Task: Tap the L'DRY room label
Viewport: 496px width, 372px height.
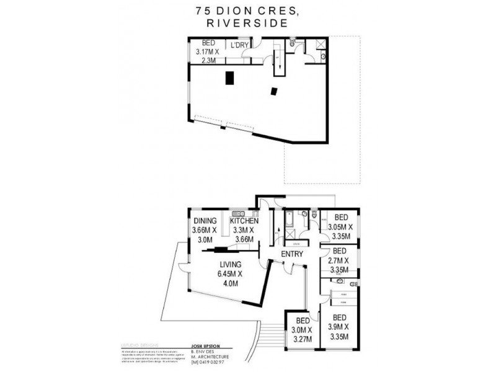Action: [x=239, y=45]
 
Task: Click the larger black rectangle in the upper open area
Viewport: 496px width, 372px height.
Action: [x=230, y=78]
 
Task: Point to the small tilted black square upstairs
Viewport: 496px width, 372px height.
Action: [x=273, y=91]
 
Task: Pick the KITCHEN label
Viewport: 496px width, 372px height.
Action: [x=244, y=221]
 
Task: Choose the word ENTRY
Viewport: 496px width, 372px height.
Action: [x=293, y=255]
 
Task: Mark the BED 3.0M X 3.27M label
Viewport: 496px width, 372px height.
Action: [x=301, y=330]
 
